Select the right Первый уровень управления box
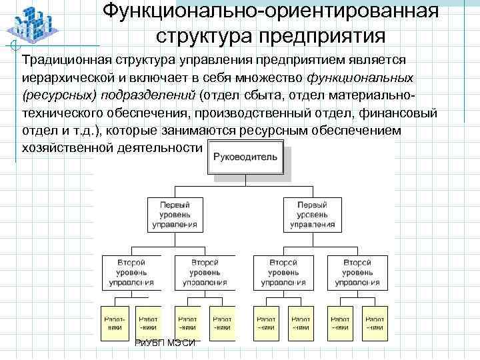[313, 215]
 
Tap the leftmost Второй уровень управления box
[129, 272]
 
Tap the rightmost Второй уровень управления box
[357, 272]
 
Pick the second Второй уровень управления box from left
[204, 272]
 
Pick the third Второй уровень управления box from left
[283, 272]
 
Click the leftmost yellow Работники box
[114, 323]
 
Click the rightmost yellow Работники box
[375, 323]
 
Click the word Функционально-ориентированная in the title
[271, 11]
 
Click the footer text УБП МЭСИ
[167, 343]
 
